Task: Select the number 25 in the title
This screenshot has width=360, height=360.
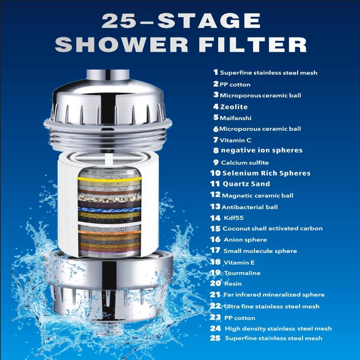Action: point(120,22)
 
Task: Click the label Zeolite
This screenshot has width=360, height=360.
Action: point(234,107)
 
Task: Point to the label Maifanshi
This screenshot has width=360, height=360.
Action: point(236,118)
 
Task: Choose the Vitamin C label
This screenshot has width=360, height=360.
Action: point(235,140)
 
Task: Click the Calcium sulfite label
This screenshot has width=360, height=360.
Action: point(245,163)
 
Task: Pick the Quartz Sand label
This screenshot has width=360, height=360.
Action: point(246,184)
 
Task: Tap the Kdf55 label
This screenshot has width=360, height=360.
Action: point(232,218)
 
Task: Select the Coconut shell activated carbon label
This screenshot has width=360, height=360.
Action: point(273,228)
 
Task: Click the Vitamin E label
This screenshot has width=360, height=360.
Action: point(239,263)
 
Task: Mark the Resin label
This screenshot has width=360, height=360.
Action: point(232,284)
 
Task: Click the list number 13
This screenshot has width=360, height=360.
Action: point(215,206)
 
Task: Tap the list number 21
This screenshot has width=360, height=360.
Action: point(215,294)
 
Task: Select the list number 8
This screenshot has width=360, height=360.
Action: point(216,150)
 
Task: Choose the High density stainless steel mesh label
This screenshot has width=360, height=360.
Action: point(277,329)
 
